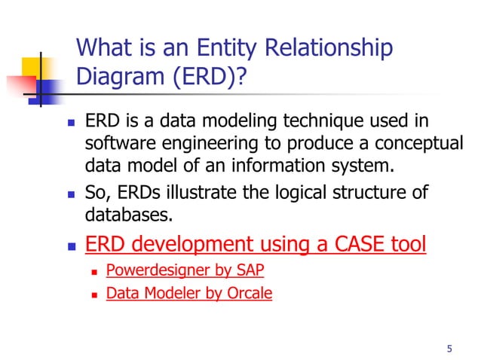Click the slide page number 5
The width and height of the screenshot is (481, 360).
click(x=450, y=348)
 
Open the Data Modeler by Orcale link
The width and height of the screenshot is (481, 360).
click(x=189, y=294)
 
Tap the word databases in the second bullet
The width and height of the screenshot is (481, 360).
click(x=128, y=216)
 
